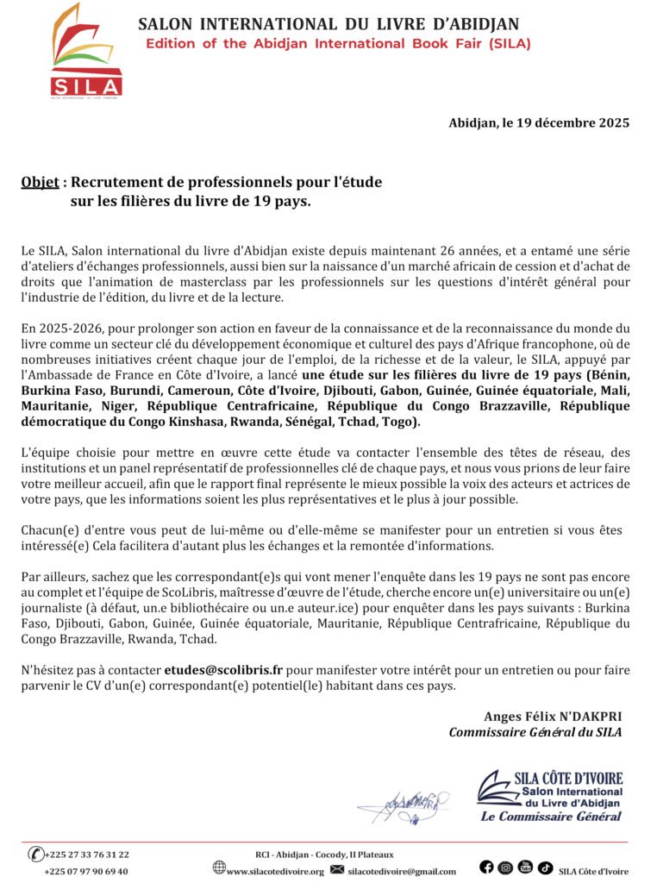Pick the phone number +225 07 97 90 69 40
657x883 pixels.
coord(86,871)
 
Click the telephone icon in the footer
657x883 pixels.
coord(35,855)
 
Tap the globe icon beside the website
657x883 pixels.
coord(219,868)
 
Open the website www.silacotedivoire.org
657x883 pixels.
coord(275,871)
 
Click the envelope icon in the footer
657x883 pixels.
coord(337,869)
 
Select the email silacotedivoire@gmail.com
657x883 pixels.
coord(402,871)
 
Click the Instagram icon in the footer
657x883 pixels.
coord(505,867)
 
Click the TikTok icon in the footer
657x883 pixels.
coord(545,867)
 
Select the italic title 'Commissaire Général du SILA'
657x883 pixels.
coord(535,732)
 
